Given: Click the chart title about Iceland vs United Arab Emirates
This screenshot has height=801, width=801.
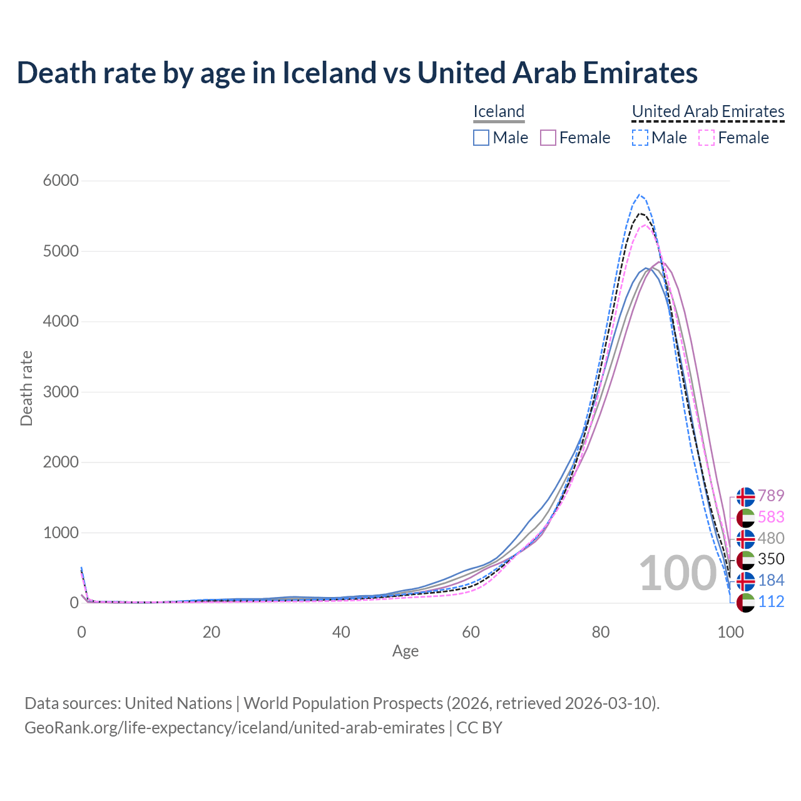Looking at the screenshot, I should coord(357,73).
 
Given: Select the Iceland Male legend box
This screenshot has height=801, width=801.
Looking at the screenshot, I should coord(481,138).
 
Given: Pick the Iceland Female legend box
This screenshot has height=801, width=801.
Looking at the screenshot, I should coord(548,138).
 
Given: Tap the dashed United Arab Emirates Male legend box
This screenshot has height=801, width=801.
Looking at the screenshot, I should coord(640,138).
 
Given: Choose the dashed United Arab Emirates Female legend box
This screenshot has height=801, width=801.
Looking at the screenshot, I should coord(706,138).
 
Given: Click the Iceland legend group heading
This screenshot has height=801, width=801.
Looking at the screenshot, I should coord(499,111).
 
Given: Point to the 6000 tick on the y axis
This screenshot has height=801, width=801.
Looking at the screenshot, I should coord(61,181).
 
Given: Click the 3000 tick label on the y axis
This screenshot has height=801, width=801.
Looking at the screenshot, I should coord(61,392).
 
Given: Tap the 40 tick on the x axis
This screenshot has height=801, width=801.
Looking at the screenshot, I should coord(341,632).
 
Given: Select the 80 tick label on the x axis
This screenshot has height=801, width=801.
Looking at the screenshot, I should coord(601,632).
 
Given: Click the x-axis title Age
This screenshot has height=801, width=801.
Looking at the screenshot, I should coord(406,651).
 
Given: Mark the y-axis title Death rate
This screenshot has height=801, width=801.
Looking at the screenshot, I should coord(26,389).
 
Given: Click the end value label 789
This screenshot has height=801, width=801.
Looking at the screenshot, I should coord(771,496).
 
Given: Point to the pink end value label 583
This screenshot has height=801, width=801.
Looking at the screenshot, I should coord(771,518).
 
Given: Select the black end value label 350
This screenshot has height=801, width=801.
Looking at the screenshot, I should coord(771,559).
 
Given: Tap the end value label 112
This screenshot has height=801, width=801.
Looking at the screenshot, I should coord(771,601).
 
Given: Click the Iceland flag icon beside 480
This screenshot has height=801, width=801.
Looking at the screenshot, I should coord(745,539).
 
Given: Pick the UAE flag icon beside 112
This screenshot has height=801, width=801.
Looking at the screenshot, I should coord(745,603).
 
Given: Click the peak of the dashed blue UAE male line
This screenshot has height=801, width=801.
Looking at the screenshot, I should coord(639,195).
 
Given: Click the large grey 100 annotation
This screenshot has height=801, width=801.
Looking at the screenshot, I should coord(677,573).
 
